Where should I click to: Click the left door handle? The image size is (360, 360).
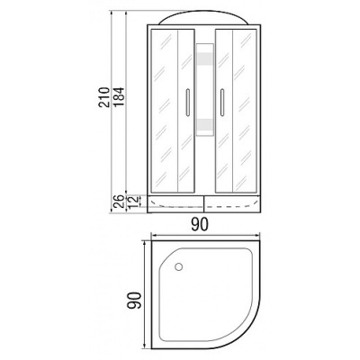[186, 103]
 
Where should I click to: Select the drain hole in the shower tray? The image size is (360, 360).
[177, 266]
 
